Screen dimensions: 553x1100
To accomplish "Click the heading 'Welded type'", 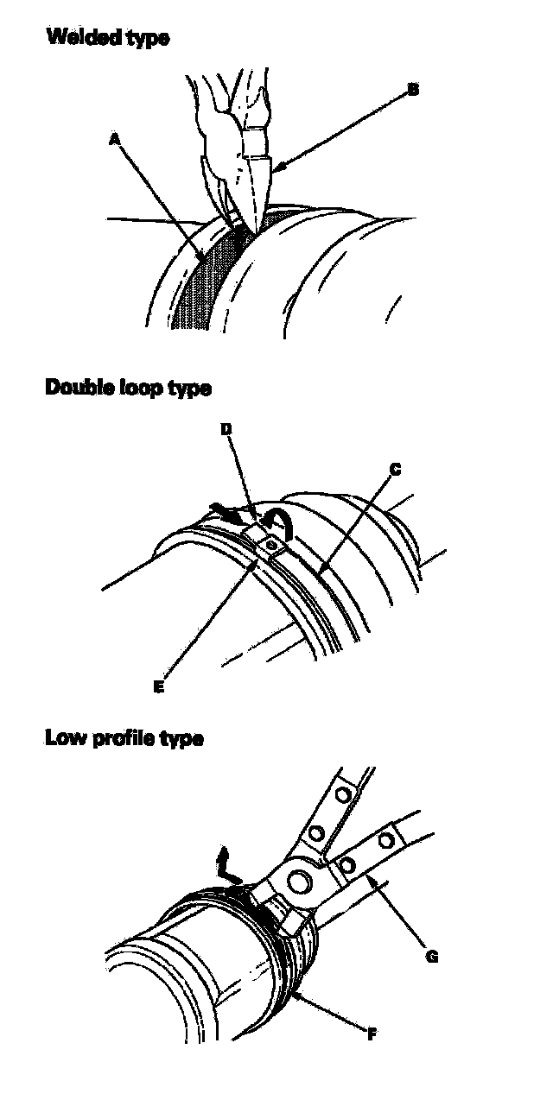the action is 107,37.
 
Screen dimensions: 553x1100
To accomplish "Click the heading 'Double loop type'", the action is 127,388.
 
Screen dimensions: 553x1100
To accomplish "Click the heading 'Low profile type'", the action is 124,739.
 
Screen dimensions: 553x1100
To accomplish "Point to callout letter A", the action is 114,137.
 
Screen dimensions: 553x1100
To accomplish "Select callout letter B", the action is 413,89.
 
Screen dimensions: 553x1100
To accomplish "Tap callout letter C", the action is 395,470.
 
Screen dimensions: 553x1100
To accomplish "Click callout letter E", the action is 158,687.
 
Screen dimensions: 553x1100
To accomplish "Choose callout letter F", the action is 371,1034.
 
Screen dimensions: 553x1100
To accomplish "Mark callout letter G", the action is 433,955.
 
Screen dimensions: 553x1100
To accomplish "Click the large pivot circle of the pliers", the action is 300,882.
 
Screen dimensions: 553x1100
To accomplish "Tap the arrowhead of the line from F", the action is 295,992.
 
